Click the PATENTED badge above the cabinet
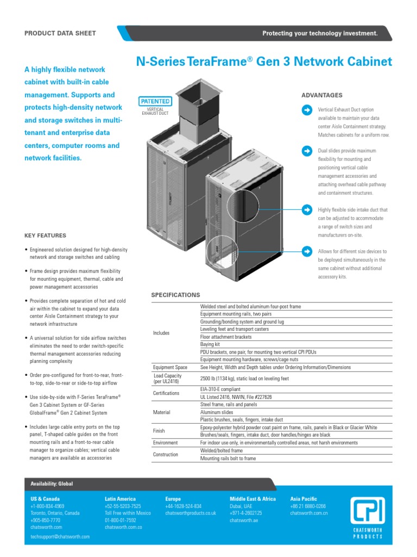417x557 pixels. pyautogui.click(x=156, y=101)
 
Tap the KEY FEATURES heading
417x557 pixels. pyautogui.click(x=46, y=236)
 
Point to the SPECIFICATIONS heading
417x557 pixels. pyautogui.click(x=175, y=295)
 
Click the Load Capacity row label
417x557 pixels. pyautogui.click(x=168, y=379)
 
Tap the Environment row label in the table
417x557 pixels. pyautogui.click(x=166, y=443)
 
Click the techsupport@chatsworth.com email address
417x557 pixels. pyautogui.click(x=60, y=536)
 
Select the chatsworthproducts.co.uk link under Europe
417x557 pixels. pyautogui.click(x=191, y=513)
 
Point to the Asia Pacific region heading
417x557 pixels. pyautogui.click(x=304, y=499)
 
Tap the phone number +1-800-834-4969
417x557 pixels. pyautogui.click(x=47, y=506)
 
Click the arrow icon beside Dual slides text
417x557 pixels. pyautogui.click(x=307, y=151)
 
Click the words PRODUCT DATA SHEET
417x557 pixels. pyautogui.click(x=60, y=33)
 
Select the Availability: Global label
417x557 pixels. pyautogui.click(x=52, y=484)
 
